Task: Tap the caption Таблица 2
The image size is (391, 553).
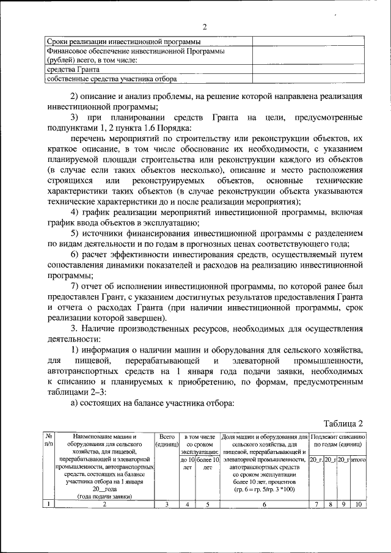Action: pyautogui.click(x=343, y=424)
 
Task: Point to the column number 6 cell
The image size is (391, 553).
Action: pyautogui.click(x=264, y=504)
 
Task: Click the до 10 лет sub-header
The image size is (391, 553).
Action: pyautogui.click(x=188, y=463)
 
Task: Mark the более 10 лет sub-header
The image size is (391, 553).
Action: pyautogui.click(x=207, y=463)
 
